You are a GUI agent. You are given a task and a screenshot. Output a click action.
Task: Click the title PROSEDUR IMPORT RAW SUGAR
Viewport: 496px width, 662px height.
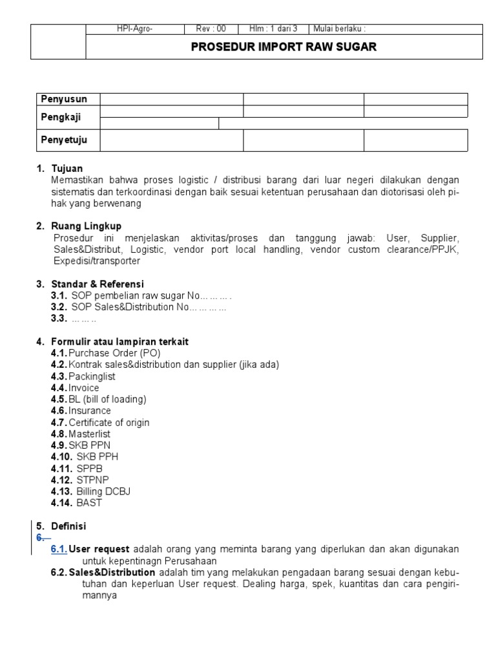284,47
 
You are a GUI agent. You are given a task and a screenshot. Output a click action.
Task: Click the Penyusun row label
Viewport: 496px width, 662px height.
63,99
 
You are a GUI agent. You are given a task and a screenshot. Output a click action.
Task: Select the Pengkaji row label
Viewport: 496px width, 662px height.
62,117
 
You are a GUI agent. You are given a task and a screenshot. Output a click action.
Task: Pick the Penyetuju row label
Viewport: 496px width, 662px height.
64,140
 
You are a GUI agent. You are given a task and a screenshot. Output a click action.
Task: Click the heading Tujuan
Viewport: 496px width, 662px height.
67,169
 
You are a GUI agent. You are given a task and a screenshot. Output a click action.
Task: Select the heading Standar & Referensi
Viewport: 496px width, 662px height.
98,284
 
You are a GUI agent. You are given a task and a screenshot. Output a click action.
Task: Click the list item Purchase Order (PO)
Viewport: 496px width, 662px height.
114,353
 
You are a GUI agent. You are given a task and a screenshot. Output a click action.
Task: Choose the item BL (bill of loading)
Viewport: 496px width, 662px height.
108,399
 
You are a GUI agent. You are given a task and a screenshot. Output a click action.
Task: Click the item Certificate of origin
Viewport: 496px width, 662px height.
109,422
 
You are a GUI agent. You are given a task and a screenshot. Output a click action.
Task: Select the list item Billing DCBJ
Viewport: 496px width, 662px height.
103,491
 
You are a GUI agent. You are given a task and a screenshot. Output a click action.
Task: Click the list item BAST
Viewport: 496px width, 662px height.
89,503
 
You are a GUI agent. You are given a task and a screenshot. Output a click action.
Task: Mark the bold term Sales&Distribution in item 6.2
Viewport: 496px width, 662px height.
112,572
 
